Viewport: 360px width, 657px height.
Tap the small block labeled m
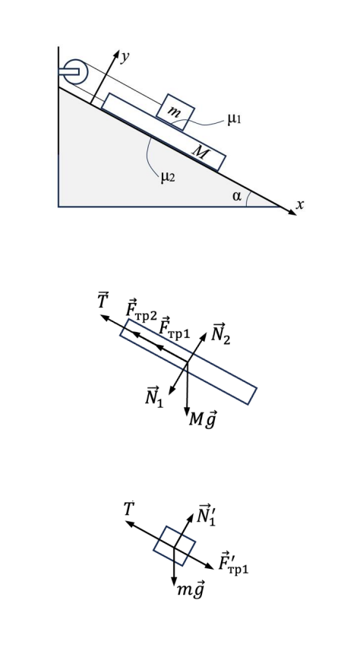tap(175, 112)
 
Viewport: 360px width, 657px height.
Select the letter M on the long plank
tap(200, 153)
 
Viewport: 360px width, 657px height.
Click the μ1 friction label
tap(235, 120)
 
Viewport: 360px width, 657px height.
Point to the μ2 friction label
tap(167, 178)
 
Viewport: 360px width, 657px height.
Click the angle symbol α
tap(237, 196)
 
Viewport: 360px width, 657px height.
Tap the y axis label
tap(125, 58)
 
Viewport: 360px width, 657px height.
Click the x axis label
tap(299, 205)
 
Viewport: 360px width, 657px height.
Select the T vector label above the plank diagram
tap(103, 301)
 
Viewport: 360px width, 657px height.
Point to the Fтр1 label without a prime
tap(175, 327)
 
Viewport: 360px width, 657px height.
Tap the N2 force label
tap(221, 333)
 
